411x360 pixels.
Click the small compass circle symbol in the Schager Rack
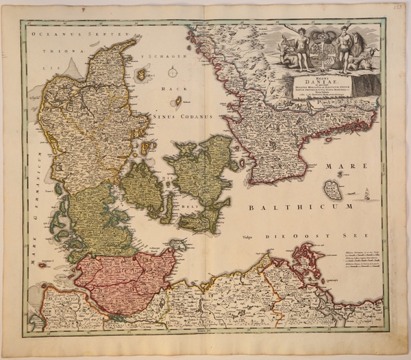tap(173, 71)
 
